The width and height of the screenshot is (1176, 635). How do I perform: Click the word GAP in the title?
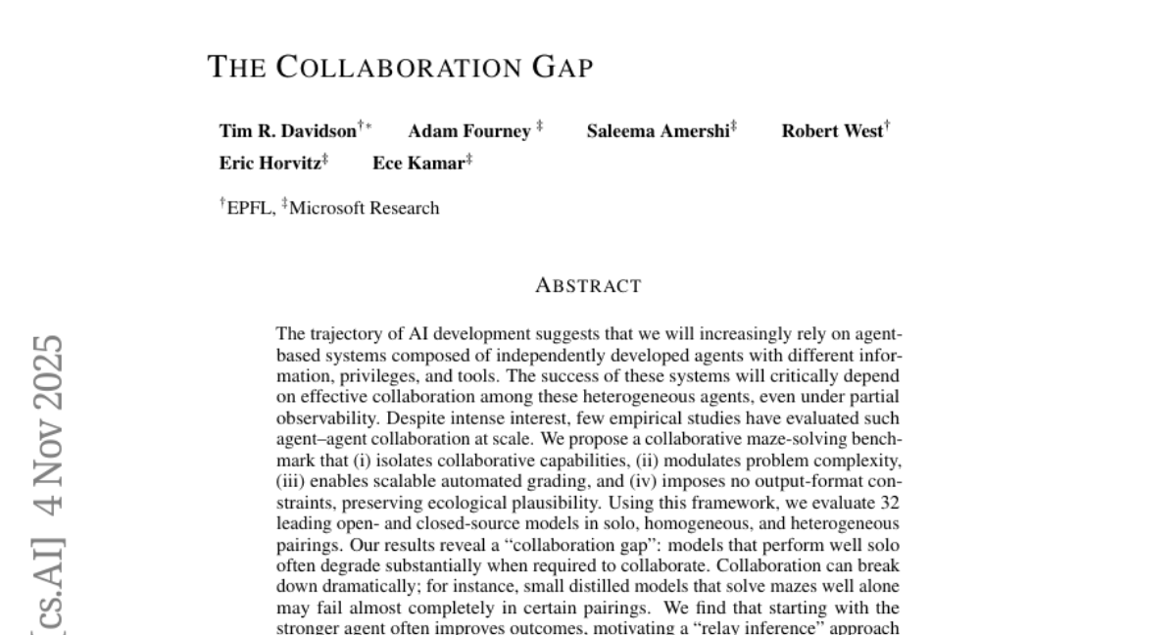(563, 68)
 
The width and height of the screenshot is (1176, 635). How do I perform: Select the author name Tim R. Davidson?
(287, 131)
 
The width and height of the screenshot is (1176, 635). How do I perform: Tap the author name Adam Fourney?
(468, 131)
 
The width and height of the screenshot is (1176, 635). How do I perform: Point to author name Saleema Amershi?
(657, 131)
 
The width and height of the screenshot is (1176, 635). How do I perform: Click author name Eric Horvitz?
(269, 164)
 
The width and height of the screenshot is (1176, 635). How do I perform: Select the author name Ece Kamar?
(417, 164)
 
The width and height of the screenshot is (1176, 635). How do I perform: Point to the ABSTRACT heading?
(588, 286)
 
